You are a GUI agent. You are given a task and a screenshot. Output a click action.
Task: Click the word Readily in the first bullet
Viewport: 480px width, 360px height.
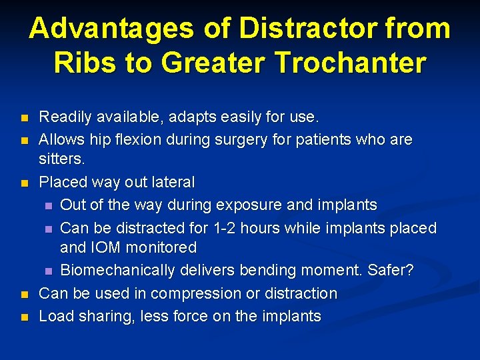coord(64,118)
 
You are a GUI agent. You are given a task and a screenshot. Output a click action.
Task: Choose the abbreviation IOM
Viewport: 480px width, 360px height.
coord(105,248)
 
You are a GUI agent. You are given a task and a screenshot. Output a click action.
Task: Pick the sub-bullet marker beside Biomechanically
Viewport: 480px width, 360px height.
coord(48,271)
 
